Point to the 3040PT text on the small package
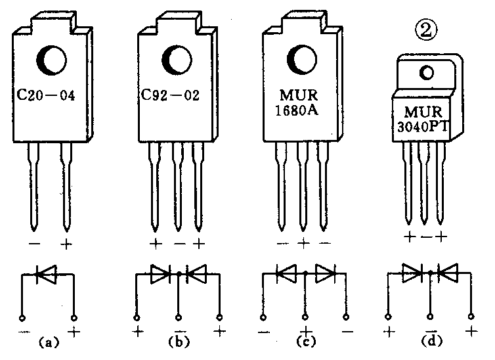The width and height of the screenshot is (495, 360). (x=425, y=127)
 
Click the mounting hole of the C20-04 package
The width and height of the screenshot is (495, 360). (x=51, y=60)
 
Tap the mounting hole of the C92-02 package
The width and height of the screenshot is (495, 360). (x=177, y=60)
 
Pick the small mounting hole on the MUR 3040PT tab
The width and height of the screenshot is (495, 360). (x=427, y=72)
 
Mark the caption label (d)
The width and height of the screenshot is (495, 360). (x=429, y=342)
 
